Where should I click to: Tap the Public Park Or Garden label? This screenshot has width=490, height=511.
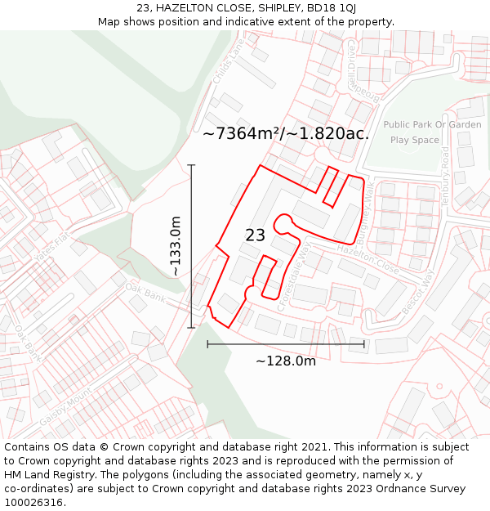pyautogui.click(x=432, y=125)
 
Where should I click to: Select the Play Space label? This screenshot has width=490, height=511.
pyautogui.click(x=414, y=140)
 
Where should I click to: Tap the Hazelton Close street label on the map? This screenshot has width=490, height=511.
pyautogui.click(x=367, y=262)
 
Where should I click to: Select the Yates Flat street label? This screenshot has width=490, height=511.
pyautogui.click(x=50, y=243)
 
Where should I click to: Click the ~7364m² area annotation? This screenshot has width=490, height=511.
pyautogui.click(x=285, y=133)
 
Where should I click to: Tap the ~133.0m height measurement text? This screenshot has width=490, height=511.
pyautogui.click(x=175, y=246)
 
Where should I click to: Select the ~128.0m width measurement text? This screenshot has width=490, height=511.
pyautogui.click(x=285, y=361)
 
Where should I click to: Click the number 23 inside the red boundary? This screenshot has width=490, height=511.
pyautogui.click(x=255, y=235)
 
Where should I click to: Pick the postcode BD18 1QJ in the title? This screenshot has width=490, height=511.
pyautogui.click(x=330, y=7)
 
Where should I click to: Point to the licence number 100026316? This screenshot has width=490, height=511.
pyautogui.click(x=33, y=503)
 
